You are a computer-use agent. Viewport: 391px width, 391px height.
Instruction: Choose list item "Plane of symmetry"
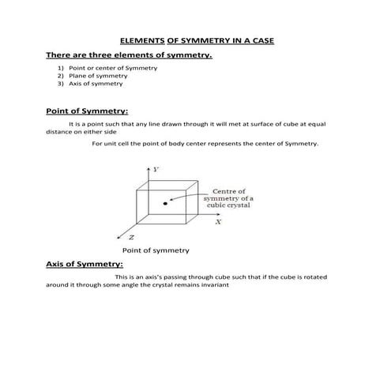(100, 75)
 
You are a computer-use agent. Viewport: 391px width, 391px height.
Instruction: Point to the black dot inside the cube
(165, 203)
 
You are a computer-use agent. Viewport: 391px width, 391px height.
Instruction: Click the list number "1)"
(59, 68)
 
